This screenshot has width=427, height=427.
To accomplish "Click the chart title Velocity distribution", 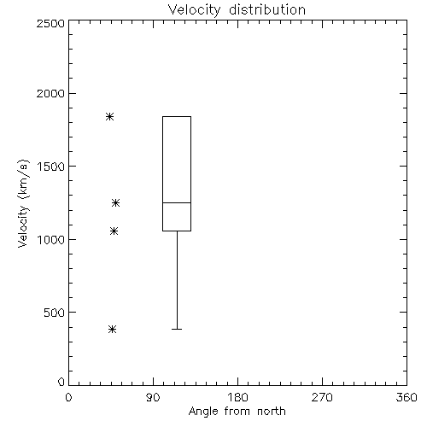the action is (x=237, y=10).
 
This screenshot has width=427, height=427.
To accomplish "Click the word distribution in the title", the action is (x=267, y=10).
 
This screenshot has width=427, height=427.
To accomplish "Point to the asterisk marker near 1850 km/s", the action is (x=110, y=116).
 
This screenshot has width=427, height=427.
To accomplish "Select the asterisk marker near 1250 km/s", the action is (x=115, y=202).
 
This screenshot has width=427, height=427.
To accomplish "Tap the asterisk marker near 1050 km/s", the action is (x=114, y=231).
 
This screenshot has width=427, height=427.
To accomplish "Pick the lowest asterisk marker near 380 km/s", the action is (x=112, y=330).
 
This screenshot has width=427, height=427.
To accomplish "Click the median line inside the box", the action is (x=177, y=202).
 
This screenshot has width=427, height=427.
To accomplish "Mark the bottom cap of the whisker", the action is (x=177, y=329).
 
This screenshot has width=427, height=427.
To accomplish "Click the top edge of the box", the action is (x=177, y=116).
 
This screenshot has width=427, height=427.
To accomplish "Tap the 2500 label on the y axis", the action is (x=50, y=23).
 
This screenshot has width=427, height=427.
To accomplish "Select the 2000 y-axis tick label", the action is (x=50, y=94).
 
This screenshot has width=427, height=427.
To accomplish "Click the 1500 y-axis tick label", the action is (x=51, y=167).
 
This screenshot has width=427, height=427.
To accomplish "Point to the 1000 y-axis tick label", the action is (x=51, y=240).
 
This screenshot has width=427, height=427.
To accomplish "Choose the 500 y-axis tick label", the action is (x=55, y=313).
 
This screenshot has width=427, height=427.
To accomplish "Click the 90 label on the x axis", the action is (x=153, y=397).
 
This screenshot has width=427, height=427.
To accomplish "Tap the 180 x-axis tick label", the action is (x=237, y=397).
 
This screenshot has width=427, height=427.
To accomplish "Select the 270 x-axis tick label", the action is (x=322, y=397).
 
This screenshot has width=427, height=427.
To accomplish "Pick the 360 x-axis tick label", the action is (x=407, y=397).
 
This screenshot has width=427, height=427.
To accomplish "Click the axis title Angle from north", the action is (x=237, y=412).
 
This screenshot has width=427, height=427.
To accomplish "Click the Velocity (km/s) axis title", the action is (x=23, y=203).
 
